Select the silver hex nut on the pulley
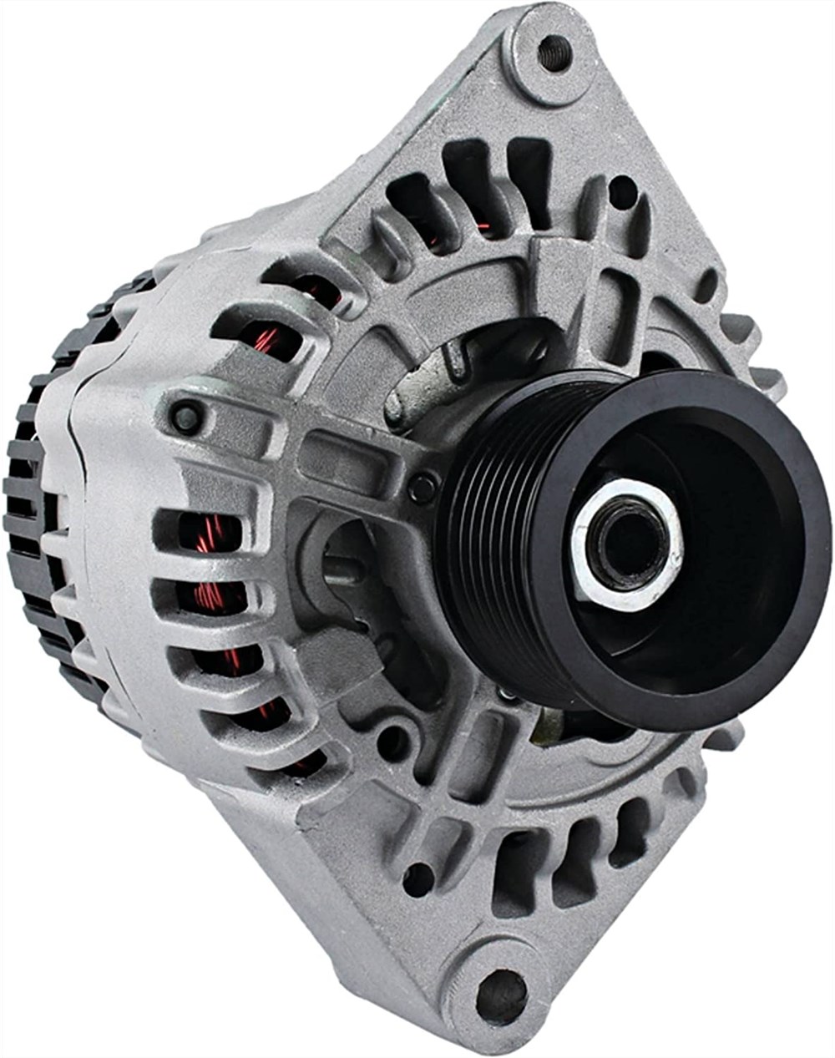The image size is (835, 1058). click(626, 544)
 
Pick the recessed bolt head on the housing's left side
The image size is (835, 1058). click(185, 415)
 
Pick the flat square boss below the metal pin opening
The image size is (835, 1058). click(342, 651)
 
